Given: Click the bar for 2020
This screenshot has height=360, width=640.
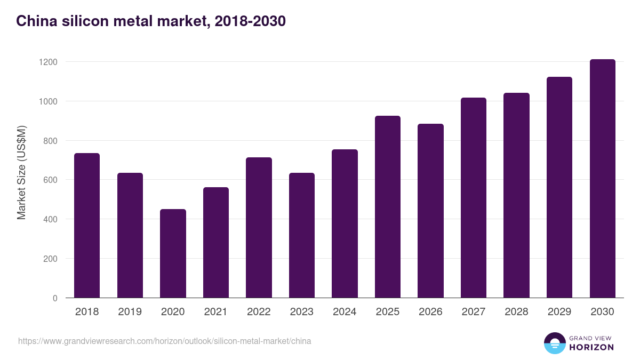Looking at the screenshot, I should coord(173,253).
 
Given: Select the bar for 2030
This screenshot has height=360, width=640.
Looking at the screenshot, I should coord(602,179).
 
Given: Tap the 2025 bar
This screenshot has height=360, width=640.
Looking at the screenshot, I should coord(388,207).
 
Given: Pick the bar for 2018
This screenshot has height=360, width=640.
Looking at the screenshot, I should coord(87,226).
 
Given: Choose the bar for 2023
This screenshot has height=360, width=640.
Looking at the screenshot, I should coord(302,235).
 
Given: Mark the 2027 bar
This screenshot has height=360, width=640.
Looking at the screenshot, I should coord(474,198).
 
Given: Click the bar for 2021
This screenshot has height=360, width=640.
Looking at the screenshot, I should coord(216,243).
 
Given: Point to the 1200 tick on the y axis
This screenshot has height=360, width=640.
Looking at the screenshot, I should coord(48,62).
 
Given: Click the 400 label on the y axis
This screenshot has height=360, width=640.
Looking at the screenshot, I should coord(50,219).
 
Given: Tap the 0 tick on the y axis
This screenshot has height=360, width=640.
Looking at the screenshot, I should coord(55,298).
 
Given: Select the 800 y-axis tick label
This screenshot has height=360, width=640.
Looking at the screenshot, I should coord(50,141).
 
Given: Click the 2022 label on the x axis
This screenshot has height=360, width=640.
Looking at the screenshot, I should coord(259,312).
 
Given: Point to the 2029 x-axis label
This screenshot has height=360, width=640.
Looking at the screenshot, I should coord(559,312).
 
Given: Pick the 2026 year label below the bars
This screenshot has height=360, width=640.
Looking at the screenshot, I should coord(430,312).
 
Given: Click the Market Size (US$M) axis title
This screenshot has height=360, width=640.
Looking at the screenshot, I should coord(21,172).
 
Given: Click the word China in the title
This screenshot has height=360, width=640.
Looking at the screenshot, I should coord(35,21).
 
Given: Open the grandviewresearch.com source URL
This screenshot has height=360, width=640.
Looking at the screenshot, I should coord(164,341).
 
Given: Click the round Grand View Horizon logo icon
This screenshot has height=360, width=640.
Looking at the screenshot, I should coord(554,343).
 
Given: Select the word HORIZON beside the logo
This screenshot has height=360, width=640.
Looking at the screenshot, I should coord(591,347).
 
